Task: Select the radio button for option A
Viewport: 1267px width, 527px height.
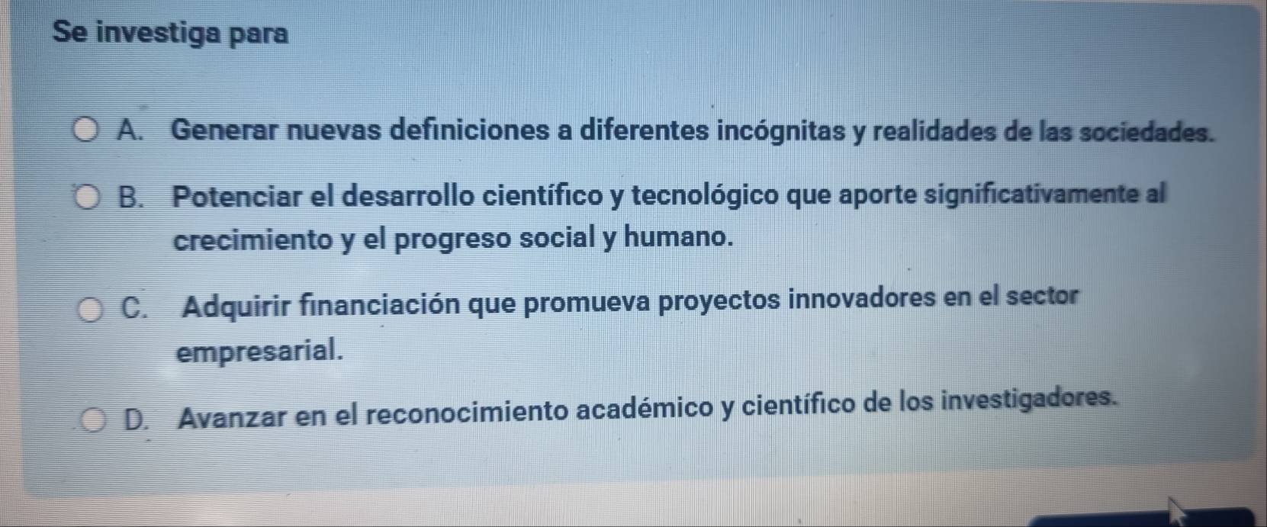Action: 85,130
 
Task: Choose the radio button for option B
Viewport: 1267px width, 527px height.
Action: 87,198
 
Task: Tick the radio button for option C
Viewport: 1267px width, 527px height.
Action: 90,310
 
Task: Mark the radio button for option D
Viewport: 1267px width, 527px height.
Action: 93,420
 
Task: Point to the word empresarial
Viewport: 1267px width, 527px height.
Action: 259,352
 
